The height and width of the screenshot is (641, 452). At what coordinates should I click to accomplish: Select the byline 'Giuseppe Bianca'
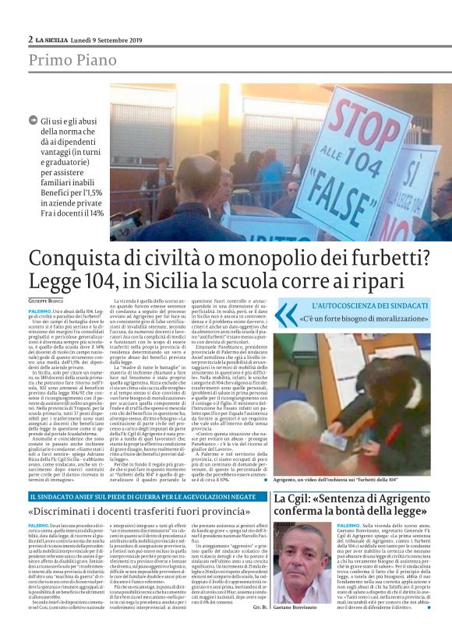point(46,301)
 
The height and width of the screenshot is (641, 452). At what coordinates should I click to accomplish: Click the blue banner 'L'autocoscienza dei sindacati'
point(369,306)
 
